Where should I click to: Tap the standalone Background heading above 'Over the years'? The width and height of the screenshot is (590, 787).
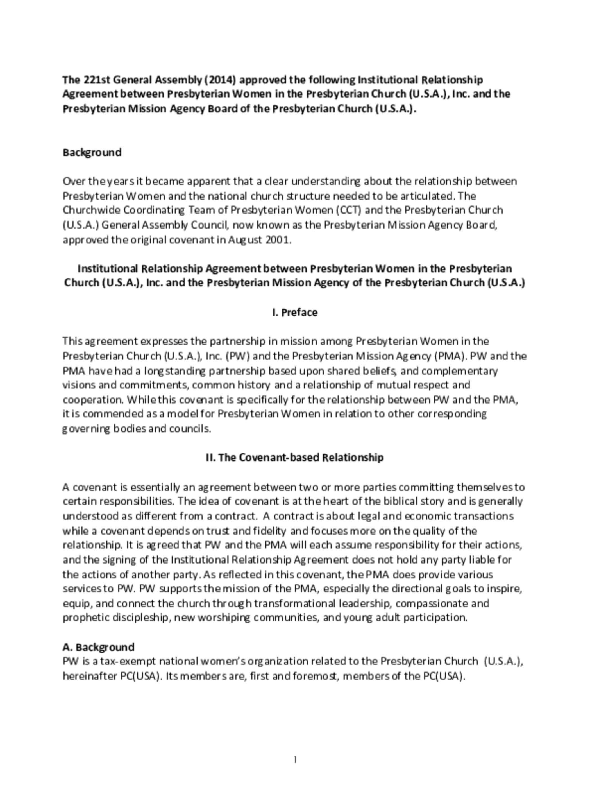pyautogui.click(x=92, y=152)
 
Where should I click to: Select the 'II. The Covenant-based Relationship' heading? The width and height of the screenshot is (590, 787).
pyautogui.click(x=295, y=457)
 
